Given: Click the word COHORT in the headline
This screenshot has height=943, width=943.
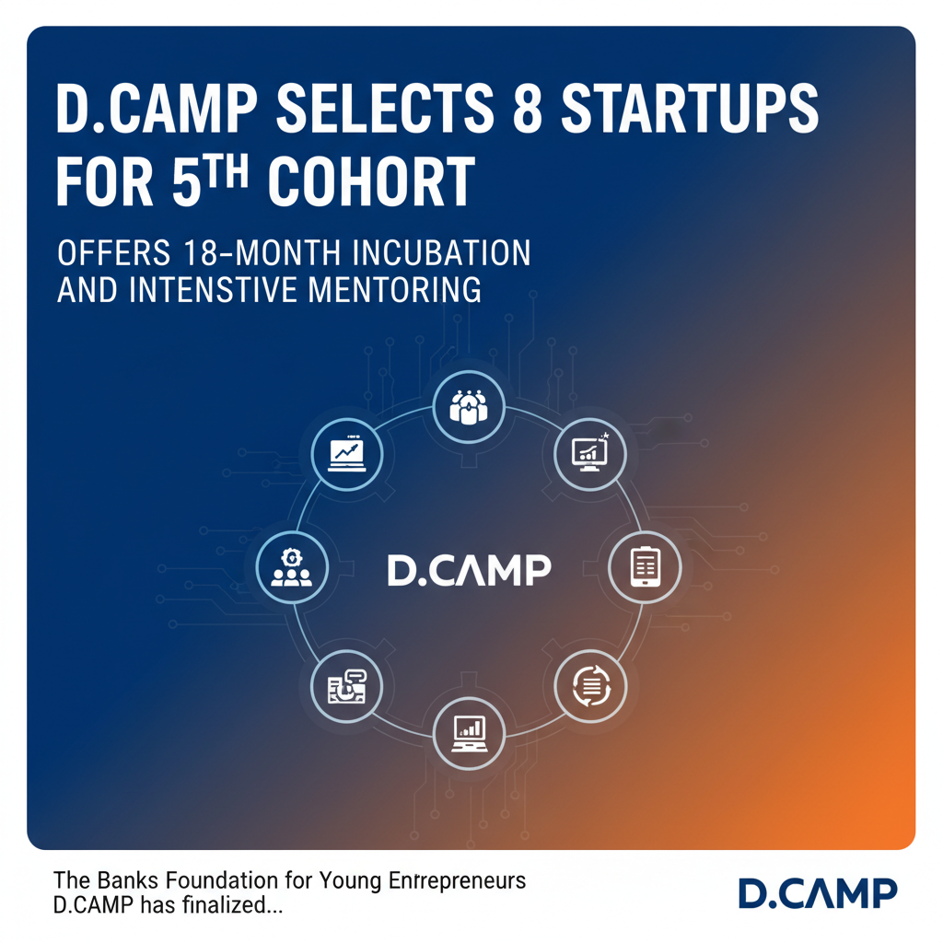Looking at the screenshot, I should point(371,181).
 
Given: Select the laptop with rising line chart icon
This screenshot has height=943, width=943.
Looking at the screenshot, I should point(348,452).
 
